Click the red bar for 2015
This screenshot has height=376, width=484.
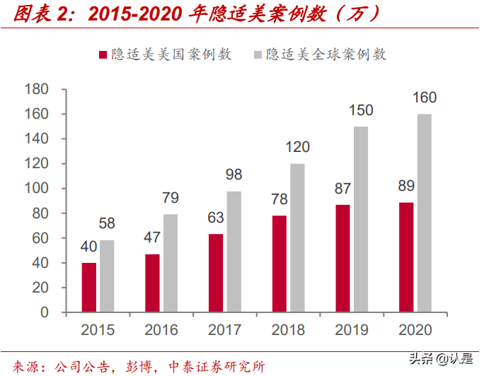(x=89, y=287)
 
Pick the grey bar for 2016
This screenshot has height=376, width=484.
(x=171, y=262)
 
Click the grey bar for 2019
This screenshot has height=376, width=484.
(x=361, y=218)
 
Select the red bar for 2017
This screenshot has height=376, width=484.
(x=216, y=272)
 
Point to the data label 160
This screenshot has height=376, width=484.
(x=424, y=98)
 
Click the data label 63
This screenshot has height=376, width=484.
(x=217, y=218)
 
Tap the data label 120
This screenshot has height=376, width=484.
(x=297, y=148)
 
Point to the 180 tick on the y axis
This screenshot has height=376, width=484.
(x=35, y=89)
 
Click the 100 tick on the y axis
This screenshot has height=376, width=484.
(x=35, y=189)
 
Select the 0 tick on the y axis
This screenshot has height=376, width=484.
(x=43, y=312)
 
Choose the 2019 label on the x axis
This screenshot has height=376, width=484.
(x=352, y=330)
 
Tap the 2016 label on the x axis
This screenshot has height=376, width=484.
(x=161, y=330)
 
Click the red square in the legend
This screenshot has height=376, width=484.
(x=103, y=55)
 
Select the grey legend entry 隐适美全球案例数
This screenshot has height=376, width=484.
(x=326, y=55)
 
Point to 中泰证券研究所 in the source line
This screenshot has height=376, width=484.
(x=217, y=366)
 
